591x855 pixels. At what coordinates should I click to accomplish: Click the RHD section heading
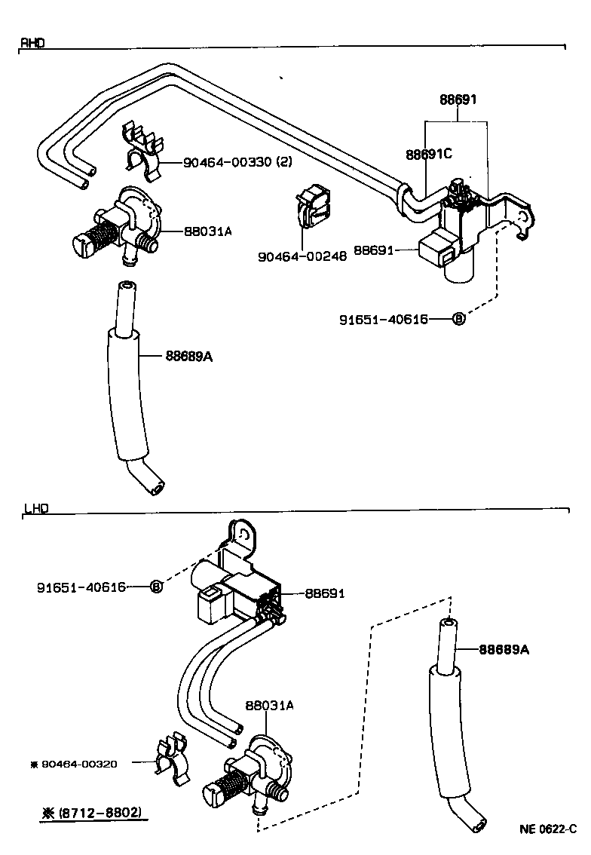click(x=32, y=44)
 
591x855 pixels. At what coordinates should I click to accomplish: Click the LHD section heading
click(x=35, y=509)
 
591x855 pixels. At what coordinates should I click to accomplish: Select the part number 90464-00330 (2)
click(x=237, y=162)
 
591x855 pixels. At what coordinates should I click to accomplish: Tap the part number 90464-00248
click(x=302, y=256)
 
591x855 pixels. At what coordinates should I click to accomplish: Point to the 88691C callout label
click(x=428, y=154)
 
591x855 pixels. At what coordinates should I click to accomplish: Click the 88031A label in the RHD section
click(x=207, y=231)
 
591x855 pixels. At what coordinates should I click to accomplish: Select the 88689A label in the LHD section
click(x=504, y=649)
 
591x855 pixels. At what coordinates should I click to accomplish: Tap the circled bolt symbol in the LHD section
click(x=156, y=587)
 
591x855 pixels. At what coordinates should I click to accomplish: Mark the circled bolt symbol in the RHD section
click(x=458, y=319)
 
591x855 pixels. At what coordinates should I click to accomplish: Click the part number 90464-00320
click(x=79, y=764)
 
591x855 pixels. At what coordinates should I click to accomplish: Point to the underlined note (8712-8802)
click(x=92, y=814)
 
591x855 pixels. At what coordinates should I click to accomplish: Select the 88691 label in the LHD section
click(x=324, y=593)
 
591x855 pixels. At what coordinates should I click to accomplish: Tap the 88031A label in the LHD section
click(x=268, y=706)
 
